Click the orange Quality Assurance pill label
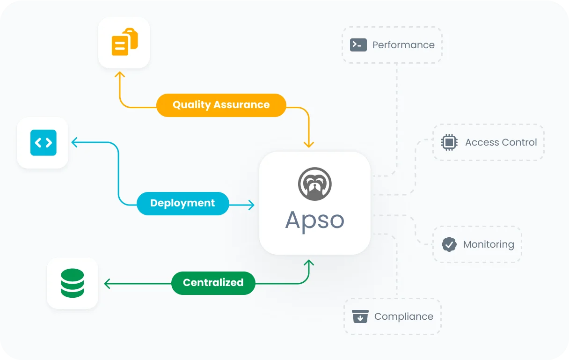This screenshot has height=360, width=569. tap(221, 105)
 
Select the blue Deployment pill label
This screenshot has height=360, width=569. tap(182, 203)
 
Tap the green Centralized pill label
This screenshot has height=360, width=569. tap(213, 283)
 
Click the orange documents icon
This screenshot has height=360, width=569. tap(124, 42)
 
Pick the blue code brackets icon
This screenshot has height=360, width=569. tap(43, 142)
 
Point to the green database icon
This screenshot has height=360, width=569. tap(73, 283)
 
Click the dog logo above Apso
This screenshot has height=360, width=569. tap(314, 184)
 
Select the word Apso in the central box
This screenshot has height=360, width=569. tap(314, 220)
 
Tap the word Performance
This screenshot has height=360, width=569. tap(403, 45)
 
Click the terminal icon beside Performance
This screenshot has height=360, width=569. tap(358, 44)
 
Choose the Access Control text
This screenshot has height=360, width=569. tap(501, 142)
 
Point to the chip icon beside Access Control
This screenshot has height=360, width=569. tap(449, 142)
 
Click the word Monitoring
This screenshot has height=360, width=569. tap(489, 244)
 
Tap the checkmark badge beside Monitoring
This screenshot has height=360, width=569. tap(449, 244)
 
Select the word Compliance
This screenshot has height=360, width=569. tap(403, 316)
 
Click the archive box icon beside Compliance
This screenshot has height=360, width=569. tap(360, 316)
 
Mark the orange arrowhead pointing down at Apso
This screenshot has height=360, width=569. tap(308, 145)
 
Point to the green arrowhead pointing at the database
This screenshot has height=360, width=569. tap(107, 283)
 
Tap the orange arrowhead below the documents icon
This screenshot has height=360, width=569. tap(120, 75)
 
